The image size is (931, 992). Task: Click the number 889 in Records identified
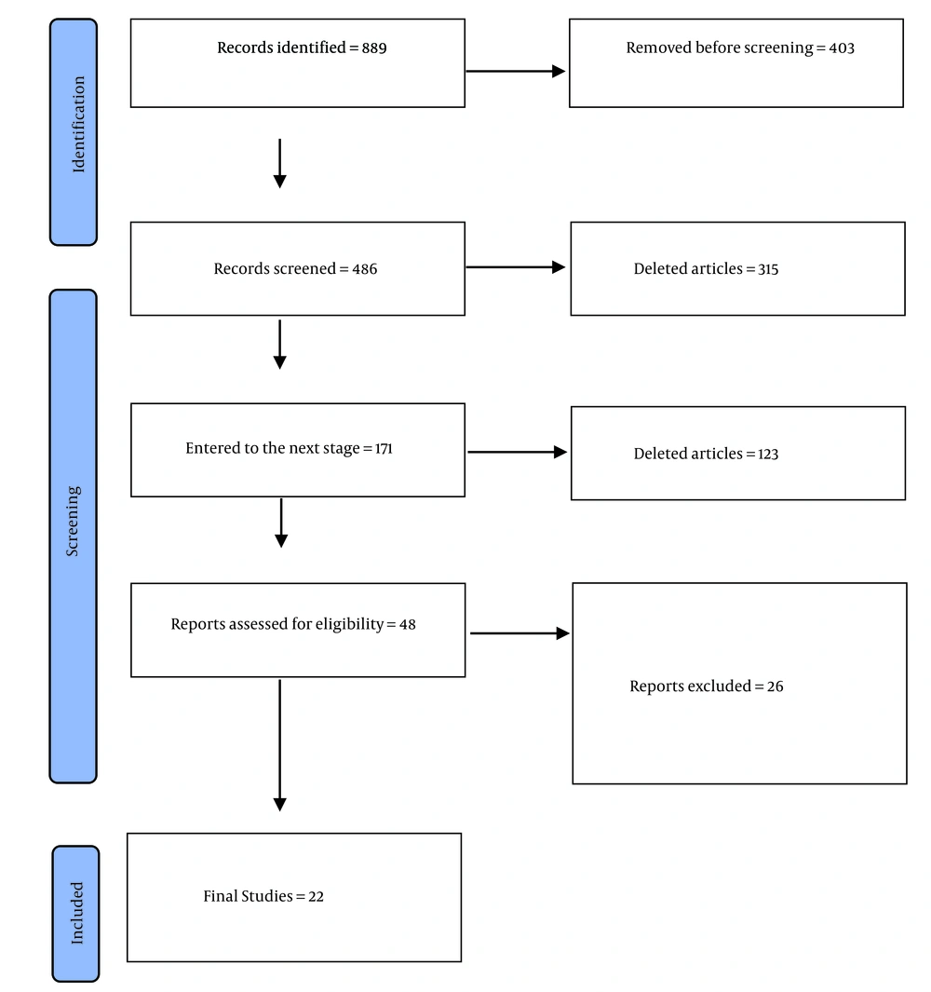pos(373,48)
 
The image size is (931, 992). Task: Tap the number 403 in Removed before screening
pos(842,48)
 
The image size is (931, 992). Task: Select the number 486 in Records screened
pos(364,269)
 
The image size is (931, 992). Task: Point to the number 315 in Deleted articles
pos(768,269)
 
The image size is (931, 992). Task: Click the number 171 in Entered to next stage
pos(384,449)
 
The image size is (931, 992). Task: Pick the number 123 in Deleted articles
pos(768,454)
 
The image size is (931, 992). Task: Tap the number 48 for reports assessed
pos(408,624)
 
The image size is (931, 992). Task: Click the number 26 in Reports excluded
pos(775,686)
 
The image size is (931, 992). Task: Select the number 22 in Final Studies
pos(316,896)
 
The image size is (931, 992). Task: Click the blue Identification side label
pos(74,131)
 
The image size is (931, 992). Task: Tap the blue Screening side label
pos(74,537)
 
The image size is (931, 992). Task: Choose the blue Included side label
pos(76,914)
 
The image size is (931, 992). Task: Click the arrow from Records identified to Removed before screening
pos(516,72)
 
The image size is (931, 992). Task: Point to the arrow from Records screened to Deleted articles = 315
pos(516,267)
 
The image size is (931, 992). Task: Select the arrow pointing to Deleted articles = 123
pos(518,452)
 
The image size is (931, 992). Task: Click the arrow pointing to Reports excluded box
pos(519,633)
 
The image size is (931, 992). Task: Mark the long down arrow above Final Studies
pos(279,745)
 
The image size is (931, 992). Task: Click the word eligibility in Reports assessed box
pos(349,624)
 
